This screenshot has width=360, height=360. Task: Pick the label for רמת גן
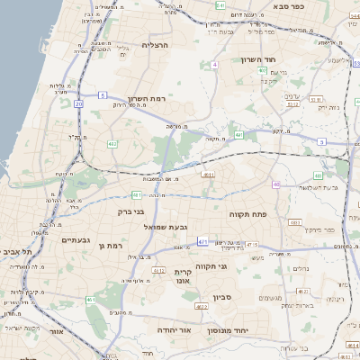pyautogui.click(x=107, y=244)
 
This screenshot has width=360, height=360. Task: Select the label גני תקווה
pyautogui.click(x=236, y=266)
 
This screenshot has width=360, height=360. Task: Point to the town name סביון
pyautogui.click(x=223, y=296)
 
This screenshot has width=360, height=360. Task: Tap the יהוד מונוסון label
pyautogui.click(x=229, y=330)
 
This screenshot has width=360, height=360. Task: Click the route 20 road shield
pyautogui.click(x=78, y=104)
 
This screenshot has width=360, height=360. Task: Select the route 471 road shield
pyautogui.click(x=203, y=241)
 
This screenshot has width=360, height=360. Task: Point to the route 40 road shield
pyautogui.click(x=276, y=184)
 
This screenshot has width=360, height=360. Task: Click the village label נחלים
pyautogui.click(x=303, y=266)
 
